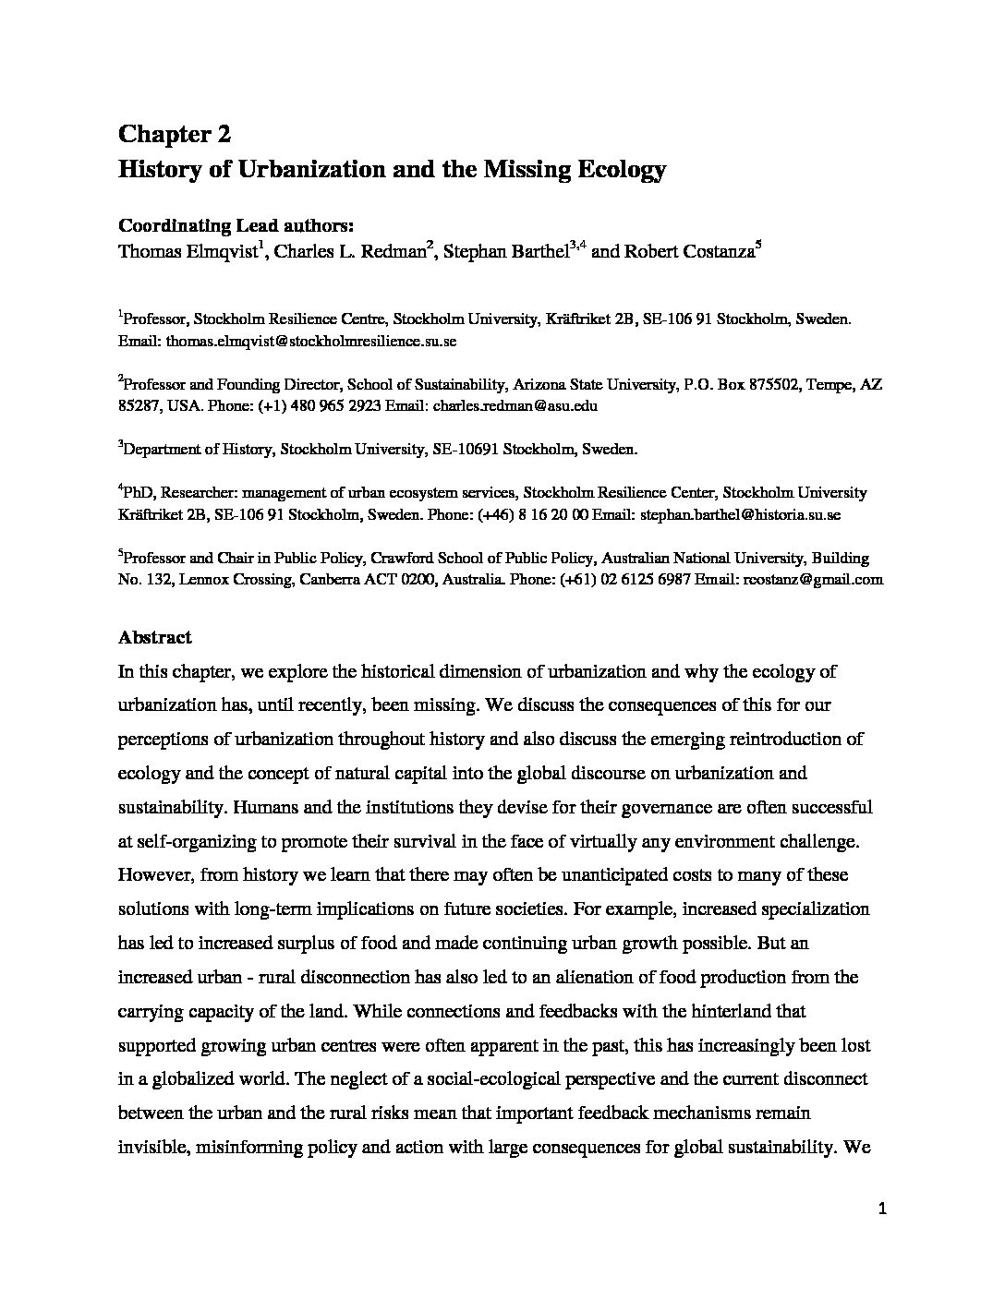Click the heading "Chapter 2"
(x=175, y=135)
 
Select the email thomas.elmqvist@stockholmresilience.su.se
(x=311, y=341)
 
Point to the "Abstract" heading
(x=155, y=637)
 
